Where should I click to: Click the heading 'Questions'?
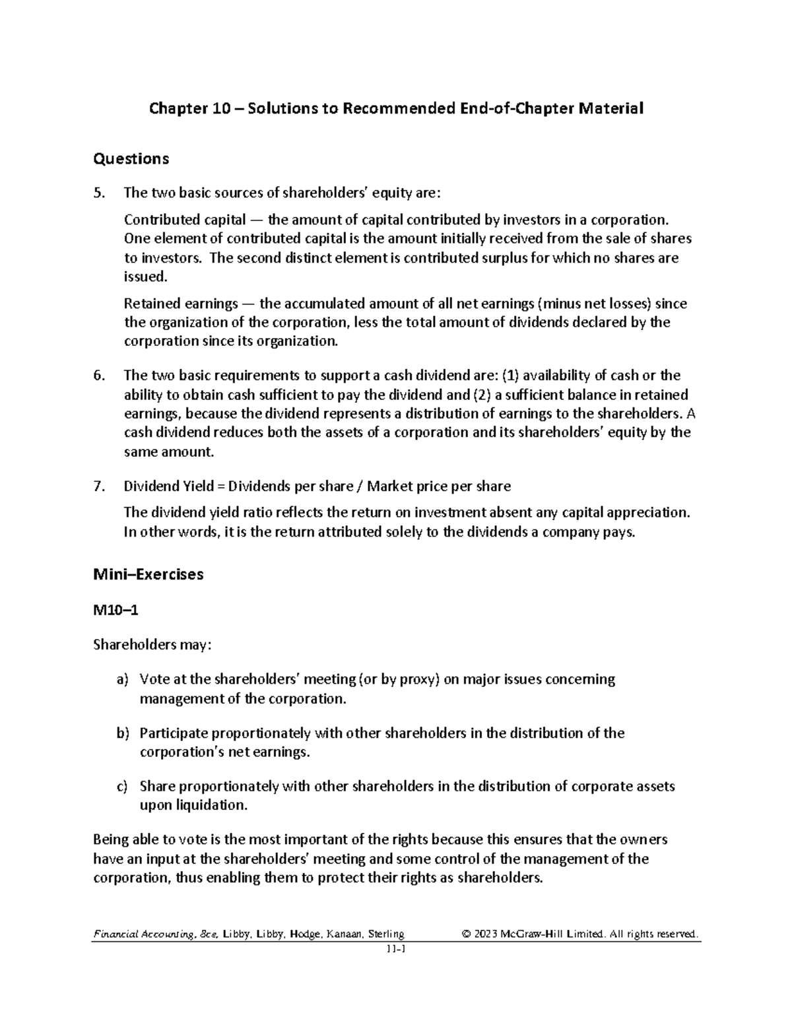[x=131, y=158]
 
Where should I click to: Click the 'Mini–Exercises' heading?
[x=148, y=574]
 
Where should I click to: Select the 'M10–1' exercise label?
[x=116, y=611]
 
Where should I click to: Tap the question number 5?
[x=99, y=193]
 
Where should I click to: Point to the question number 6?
[x=99, y=376]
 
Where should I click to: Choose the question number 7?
[x=99, y=486]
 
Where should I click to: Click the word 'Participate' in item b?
[x=174, y=733]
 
